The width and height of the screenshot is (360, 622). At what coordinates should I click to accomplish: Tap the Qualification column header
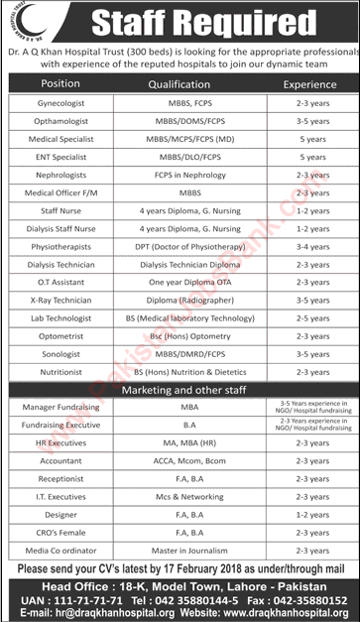pos(179,84)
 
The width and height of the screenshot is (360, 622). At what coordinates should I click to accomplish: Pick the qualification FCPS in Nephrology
pos(179,173)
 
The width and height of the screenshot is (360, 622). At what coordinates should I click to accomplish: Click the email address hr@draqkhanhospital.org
pos(103,614)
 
